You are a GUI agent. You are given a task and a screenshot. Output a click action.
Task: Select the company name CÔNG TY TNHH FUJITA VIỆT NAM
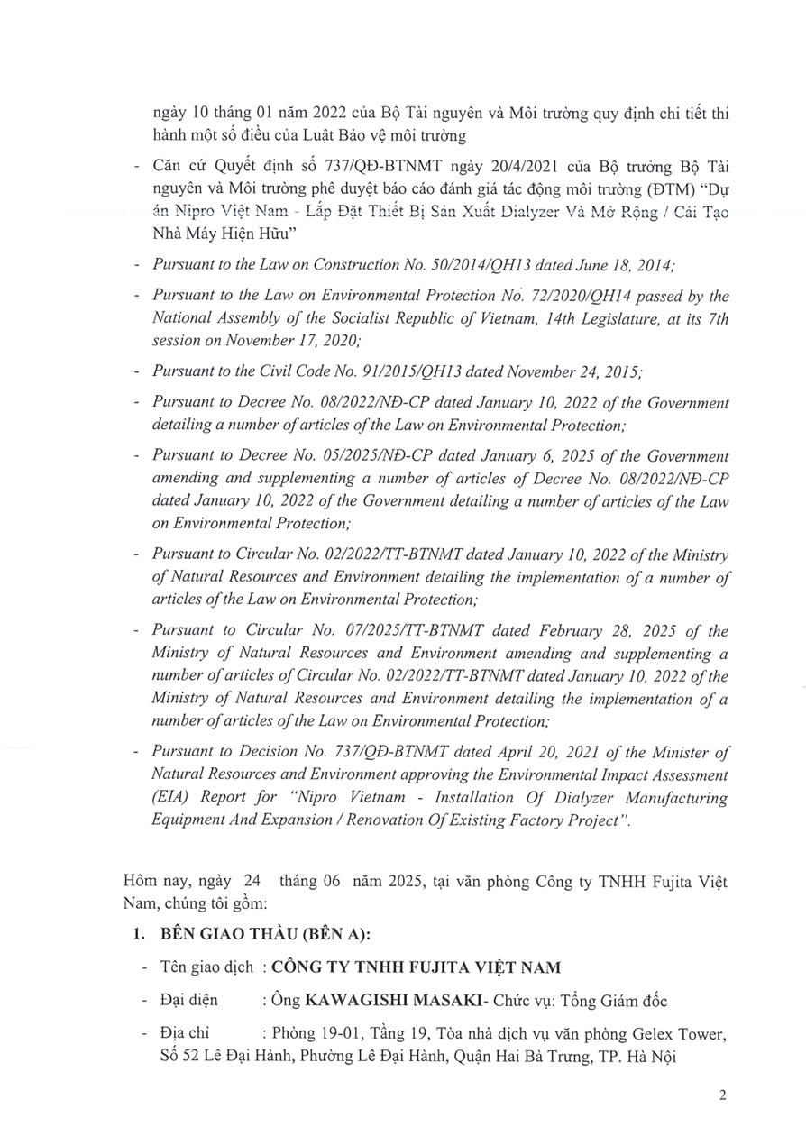coord(417,967)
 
